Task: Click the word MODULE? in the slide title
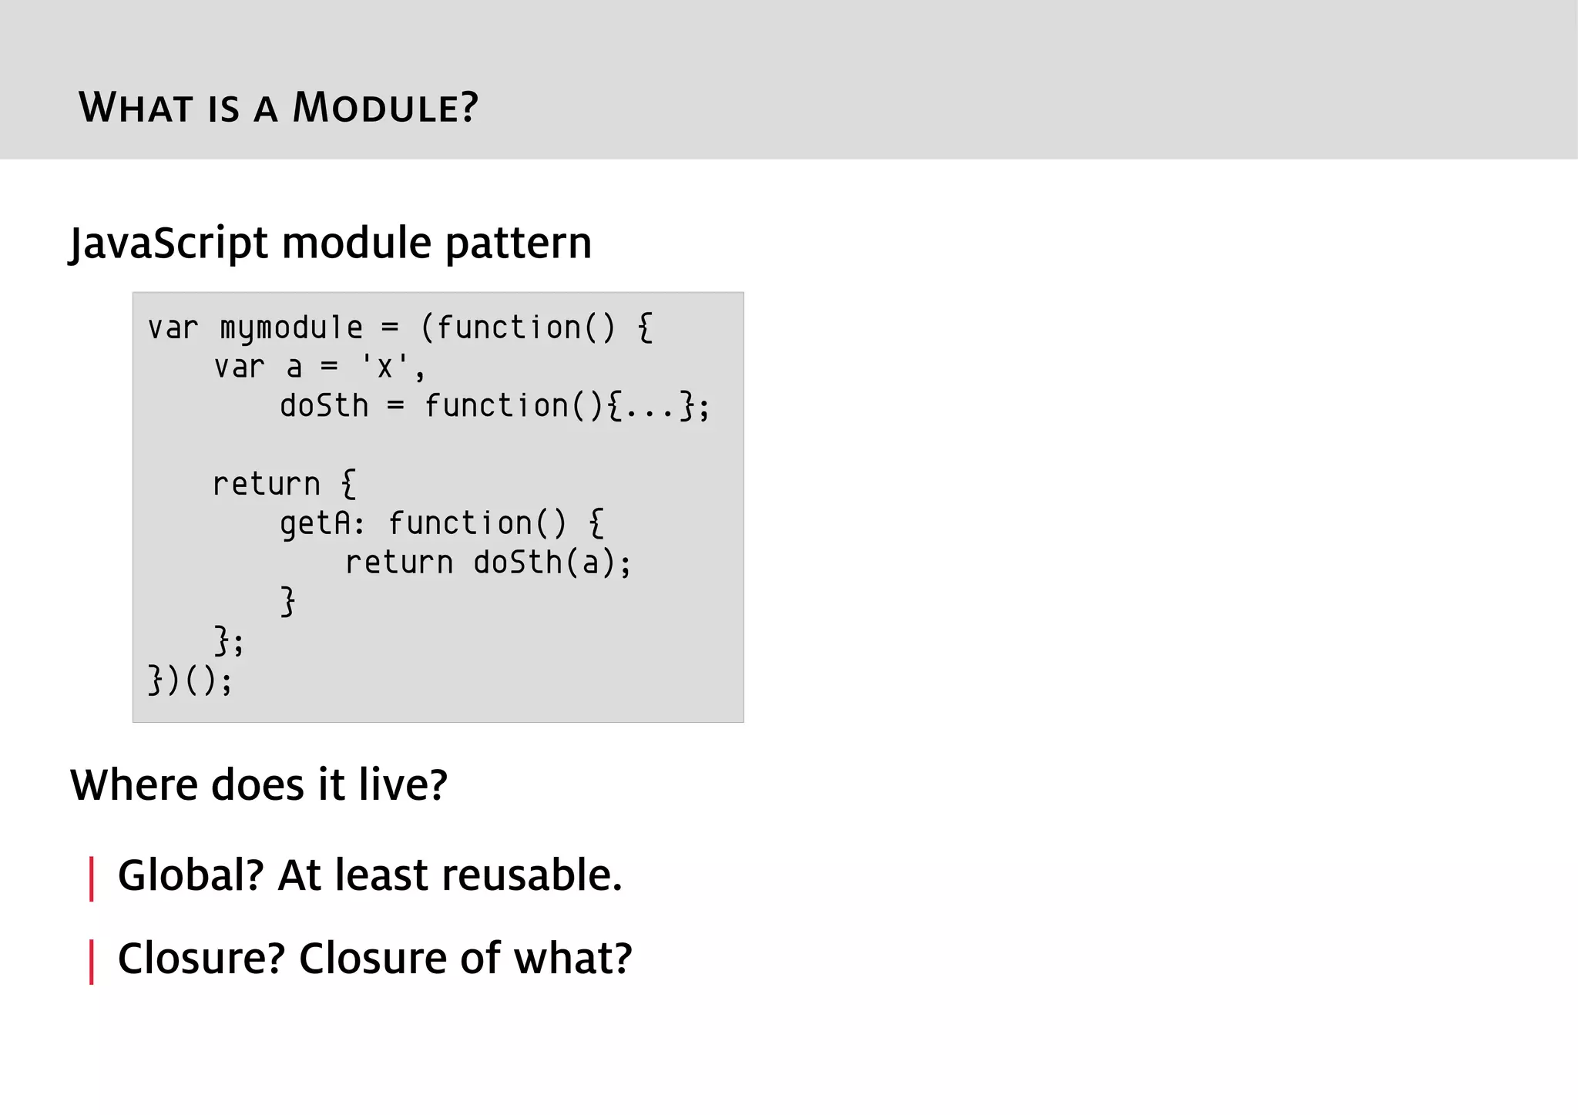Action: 385,107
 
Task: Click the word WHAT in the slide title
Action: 135,107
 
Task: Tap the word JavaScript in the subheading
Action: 169,243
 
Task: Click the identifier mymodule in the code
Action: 290,328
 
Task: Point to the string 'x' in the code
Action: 384,368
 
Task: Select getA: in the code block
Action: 321,524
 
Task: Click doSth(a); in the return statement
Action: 552,563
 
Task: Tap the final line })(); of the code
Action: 190,680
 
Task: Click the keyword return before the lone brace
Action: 266,485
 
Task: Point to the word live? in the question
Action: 402,784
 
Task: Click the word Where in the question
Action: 133,784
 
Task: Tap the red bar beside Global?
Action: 92,878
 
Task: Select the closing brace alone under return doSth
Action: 287,602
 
